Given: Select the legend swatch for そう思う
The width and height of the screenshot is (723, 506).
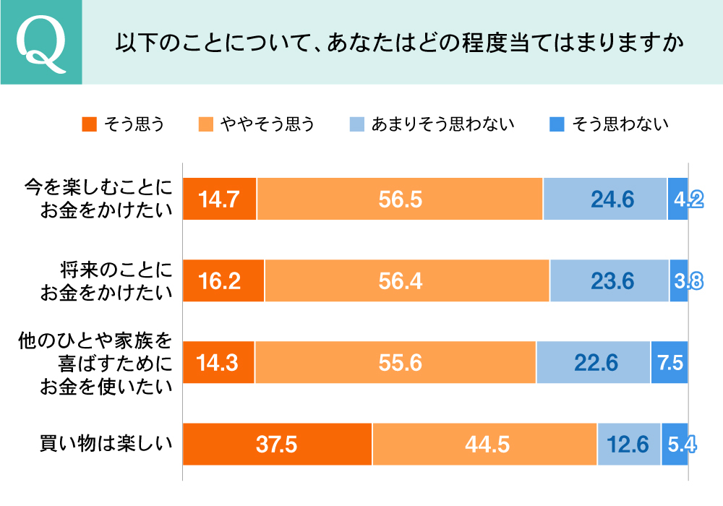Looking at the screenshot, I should [89, 124].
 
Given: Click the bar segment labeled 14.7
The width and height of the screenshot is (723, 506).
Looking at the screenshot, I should [219, 199].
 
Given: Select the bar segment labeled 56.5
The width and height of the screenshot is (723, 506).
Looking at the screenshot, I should [400, 199].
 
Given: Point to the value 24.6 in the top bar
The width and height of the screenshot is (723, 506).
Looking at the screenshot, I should [605, 199].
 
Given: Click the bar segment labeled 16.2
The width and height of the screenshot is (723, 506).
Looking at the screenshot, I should [223, 280].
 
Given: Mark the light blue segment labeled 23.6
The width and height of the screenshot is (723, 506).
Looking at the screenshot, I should [609, 280].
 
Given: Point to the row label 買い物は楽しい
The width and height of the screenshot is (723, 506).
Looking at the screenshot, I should [106, 443].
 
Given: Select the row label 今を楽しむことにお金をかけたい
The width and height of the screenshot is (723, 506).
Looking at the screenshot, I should [100, 199].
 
